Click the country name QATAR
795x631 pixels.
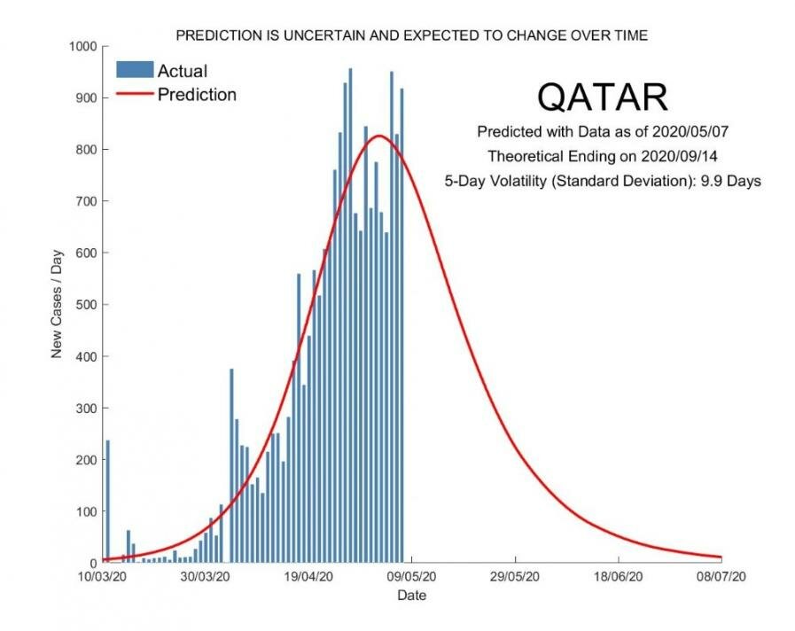(x=602, y=97)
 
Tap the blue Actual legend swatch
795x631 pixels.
(x=135, y=70)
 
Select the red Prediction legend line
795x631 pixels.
(x=135, y=94)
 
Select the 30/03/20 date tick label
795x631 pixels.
(x=206, y=576)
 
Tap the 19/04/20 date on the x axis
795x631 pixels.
(x=309, y=576)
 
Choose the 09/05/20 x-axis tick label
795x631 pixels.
(x=412, y=576)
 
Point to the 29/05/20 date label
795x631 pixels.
(x=515, y=576)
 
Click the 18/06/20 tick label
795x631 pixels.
(x=619, y=576)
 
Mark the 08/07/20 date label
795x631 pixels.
(x=721, y=576)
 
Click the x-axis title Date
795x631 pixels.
(x=411, y=596)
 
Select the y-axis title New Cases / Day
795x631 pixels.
(x=57, y=305)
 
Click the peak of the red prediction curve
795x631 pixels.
(x=378, y=136)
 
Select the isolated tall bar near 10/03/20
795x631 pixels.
(x=107, y=501)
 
